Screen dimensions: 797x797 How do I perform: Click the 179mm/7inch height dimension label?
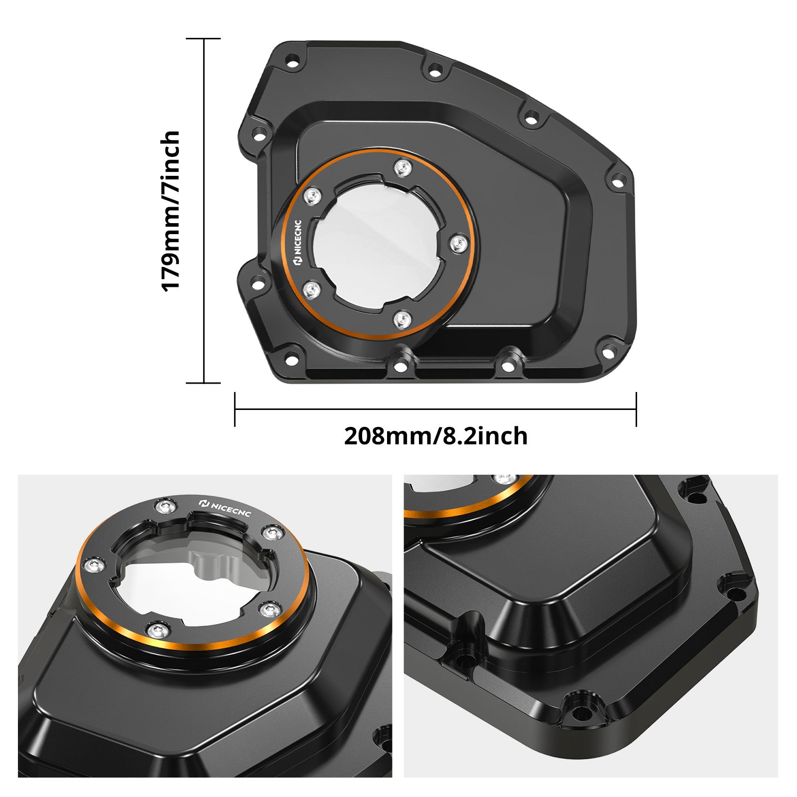170,211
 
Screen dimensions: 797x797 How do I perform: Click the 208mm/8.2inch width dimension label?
435,436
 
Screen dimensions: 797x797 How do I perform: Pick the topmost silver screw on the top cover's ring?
402,167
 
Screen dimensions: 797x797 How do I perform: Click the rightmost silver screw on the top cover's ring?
458,244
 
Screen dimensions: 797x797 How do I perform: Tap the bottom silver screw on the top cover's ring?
402,319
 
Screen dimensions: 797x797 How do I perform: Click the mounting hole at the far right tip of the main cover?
618,182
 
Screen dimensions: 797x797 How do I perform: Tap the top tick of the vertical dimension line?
203,38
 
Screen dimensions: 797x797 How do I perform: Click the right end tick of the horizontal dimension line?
636,409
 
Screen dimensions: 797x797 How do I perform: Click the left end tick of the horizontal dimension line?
235,409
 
